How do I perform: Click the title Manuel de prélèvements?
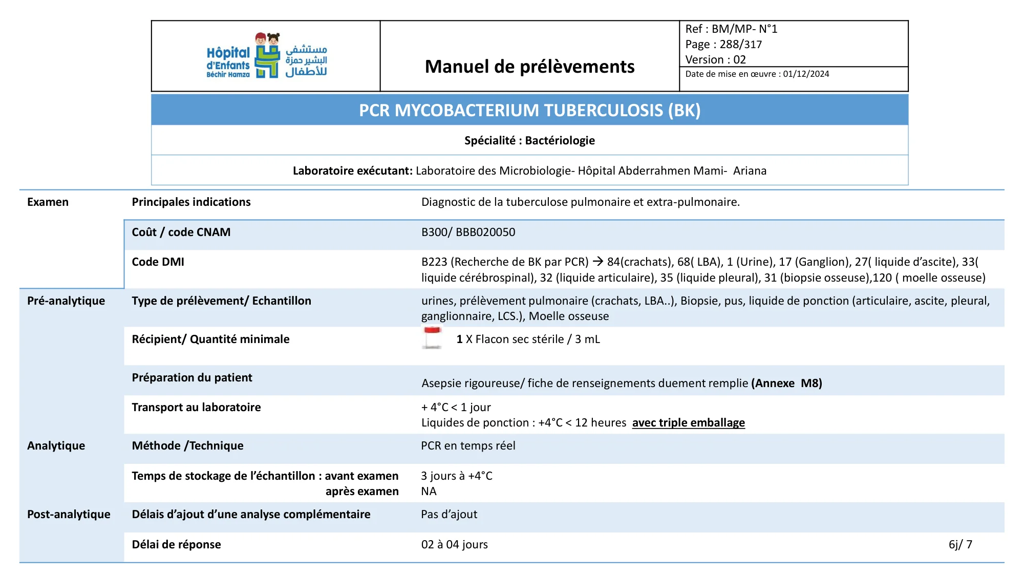pos(529,67)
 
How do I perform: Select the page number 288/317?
pos(740,45)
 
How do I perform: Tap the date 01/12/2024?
pos(806,74)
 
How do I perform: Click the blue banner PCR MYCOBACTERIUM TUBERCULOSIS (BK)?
pos(529,110)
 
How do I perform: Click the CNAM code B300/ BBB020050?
pos(468,232)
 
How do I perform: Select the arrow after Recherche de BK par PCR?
pos(598,262)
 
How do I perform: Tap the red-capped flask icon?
pos(433,338)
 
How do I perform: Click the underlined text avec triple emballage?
pos(688,422)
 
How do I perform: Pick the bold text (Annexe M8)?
pos(786,383)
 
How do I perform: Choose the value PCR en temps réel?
pos(468,445)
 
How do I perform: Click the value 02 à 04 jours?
pos(454,544)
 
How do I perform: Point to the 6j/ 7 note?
pos(960,544)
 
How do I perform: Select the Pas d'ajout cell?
pos(449,514)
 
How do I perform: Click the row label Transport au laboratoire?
pos(196,407)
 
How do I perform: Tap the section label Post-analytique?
pos(69,514)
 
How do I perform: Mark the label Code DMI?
pos(158,262)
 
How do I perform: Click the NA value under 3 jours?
pos(429,491)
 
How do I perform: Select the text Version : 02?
pos(715,59)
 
